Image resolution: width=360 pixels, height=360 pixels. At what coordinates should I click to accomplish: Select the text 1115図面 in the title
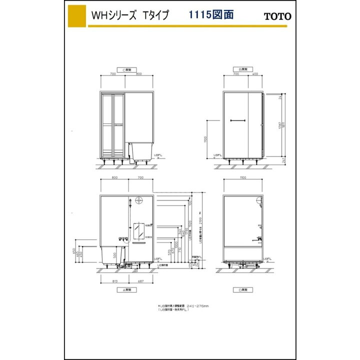click(211, 14)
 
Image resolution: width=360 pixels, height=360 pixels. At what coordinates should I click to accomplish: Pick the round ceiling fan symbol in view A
click(132, 201)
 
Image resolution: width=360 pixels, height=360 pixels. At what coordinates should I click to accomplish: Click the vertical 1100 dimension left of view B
click(206, 139)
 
